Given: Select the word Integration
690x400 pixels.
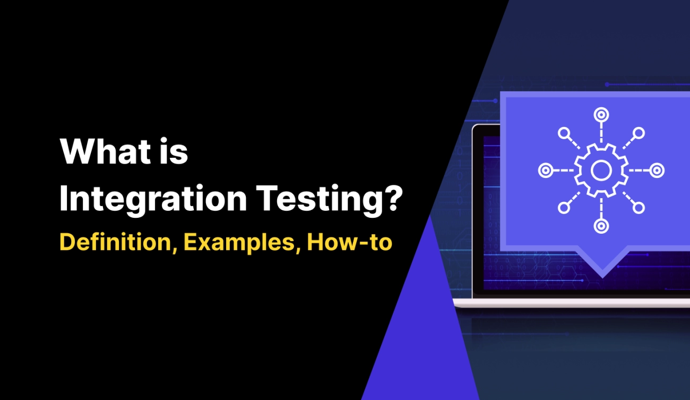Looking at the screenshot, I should (x=153, y=200).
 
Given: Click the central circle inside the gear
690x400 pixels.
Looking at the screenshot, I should (x=601, y=170).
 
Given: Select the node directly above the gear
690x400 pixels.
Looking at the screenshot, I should (x=601, y=114).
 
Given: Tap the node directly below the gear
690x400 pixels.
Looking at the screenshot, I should (x=601, y=226).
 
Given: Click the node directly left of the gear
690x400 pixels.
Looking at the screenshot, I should (x=545, y=170).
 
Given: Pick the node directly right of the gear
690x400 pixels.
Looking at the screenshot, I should (x=657, y=170).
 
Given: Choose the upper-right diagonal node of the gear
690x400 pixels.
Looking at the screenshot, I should (x=639, y=132).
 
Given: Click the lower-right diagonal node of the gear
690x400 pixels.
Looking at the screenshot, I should (x=639, y=208).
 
